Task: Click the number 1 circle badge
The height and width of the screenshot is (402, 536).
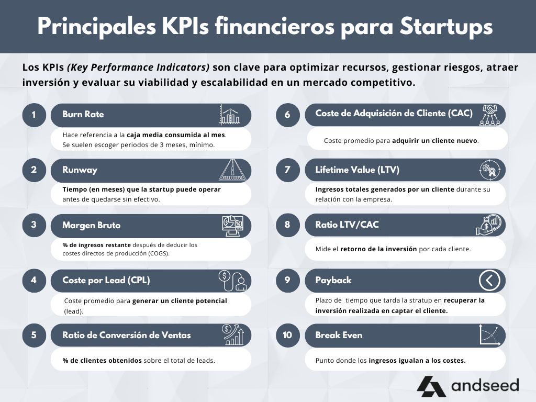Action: pos(34,115)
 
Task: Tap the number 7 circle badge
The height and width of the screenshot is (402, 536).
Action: pos(287,170)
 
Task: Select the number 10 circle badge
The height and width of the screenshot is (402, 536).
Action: pos(287,336)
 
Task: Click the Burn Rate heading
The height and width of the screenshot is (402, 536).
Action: pos(83,115)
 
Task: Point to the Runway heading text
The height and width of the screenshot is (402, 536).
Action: pos(80,170)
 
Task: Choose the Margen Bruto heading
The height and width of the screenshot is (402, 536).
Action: pos(91,226)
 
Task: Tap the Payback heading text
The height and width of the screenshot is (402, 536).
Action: pos(333,281)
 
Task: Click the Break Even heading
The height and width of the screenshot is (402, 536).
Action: pos(339,336)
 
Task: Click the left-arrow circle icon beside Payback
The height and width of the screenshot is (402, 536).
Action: pos(489,281)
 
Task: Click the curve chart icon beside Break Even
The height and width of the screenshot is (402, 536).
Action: pos(490,336)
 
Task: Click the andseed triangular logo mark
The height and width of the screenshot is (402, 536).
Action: pos(431,386)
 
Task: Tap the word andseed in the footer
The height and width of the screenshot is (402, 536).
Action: pos(485,386)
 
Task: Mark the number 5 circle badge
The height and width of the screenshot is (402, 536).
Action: pos(34,336)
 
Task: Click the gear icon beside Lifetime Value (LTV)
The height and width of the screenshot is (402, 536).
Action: pos(490,170)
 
